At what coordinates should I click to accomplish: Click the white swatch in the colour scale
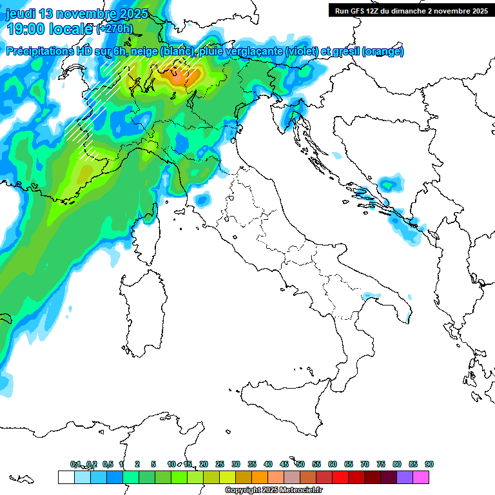66,477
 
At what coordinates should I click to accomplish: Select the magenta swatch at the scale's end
421,477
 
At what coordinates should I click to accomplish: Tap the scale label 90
429,464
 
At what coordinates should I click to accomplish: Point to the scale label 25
220,464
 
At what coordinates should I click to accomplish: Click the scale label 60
333,464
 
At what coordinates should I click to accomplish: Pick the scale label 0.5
107,464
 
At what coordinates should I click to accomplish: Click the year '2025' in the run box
477,10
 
